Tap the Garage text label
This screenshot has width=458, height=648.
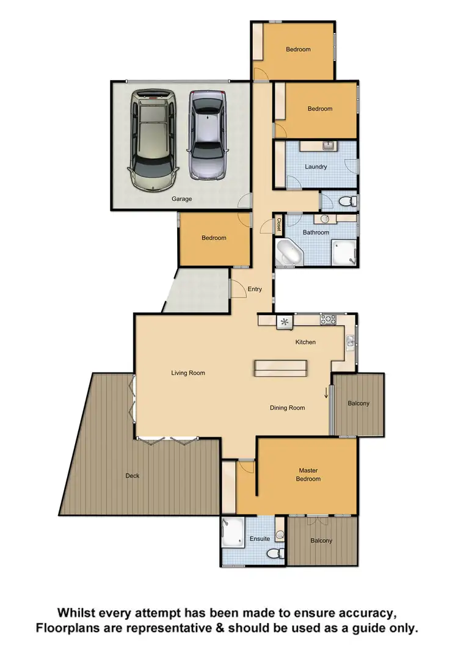181,199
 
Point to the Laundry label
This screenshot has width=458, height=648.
316,167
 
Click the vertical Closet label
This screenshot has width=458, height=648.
279,225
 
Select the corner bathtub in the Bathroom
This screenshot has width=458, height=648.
287,253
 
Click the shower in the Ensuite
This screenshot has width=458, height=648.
232,530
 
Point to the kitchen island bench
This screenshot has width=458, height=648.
281,368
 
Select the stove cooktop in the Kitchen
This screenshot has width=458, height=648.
329,319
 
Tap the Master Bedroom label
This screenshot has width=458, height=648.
308,475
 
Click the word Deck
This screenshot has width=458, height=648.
132,476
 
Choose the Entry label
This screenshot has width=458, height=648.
255,289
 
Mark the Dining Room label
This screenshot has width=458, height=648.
287,408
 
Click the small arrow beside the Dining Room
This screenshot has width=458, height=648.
326,393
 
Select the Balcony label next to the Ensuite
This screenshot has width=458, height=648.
321,541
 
